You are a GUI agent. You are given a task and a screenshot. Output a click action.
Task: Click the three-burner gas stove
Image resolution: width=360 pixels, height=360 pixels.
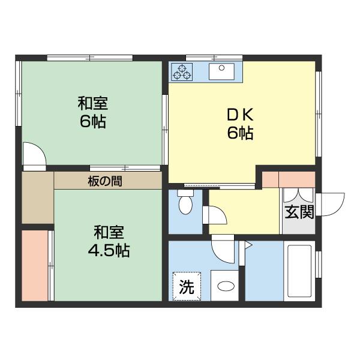tap(182, 72)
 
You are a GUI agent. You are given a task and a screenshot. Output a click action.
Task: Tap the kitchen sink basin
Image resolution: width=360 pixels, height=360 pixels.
tap(221, 71)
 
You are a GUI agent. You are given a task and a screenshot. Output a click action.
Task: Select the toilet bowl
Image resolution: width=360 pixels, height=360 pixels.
tap(185, 202)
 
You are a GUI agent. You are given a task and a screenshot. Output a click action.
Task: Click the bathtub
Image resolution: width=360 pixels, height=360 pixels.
tap(299, 271)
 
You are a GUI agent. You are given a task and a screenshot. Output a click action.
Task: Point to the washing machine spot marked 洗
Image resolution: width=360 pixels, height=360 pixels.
tap(187, 286)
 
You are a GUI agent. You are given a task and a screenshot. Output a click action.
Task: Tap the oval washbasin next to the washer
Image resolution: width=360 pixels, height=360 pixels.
tap(226, 286)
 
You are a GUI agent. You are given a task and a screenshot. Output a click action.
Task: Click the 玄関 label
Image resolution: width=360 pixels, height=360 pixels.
tap(299, 212)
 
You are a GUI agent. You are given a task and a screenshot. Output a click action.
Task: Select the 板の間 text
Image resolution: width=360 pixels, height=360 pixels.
tap(105, 181)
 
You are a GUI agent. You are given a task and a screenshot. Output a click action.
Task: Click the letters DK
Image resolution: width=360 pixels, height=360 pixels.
tap(240, 115)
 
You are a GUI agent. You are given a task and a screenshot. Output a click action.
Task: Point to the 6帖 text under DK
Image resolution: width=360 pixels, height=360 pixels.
tap(240, 133)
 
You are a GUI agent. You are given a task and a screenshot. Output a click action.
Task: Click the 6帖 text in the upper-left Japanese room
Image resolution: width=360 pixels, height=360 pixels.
tap(93, 121)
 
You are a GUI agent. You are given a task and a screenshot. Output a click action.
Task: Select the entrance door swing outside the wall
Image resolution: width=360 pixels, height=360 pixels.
tap(330, 205)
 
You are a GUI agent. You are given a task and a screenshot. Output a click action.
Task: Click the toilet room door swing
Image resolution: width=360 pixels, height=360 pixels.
tap(215, 215)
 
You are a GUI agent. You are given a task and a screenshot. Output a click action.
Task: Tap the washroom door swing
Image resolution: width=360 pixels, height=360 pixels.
tap(223, 249)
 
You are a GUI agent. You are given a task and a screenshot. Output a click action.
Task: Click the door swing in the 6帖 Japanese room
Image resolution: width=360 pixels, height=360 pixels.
tap(34, 154)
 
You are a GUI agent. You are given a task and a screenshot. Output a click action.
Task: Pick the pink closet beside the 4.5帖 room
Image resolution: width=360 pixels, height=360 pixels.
tap(35, 266)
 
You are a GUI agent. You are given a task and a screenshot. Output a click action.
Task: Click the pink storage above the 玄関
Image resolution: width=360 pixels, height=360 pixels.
tap(289, 179)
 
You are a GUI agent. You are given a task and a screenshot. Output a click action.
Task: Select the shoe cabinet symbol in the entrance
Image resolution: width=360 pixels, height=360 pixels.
tap(298, 196)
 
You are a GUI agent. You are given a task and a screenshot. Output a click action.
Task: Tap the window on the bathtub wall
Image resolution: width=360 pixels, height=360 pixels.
tap(318, 265)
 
